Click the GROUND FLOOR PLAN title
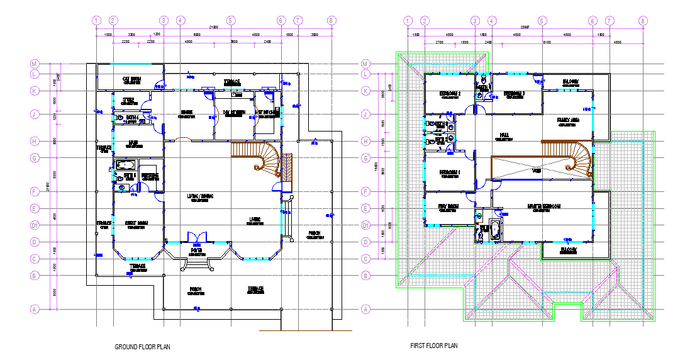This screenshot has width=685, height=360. (142, 347)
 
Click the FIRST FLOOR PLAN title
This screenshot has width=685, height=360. (434, 346)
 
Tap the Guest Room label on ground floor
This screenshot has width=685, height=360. (136, 223)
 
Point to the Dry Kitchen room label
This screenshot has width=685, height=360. (235, 113)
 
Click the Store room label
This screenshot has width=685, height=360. (128, 100)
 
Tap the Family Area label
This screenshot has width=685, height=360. (569, 120)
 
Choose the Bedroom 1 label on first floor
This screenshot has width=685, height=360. (450, 172)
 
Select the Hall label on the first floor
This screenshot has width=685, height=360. (504, 135)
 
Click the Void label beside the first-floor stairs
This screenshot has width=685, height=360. (537, 171)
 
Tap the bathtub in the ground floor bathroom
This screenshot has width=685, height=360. (126, 165)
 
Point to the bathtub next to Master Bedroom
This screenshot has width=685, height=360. (494, 229)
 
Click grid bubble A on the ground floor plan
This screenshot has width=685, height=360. (35, 308)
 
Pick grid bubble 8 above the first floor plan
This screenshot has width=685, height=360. (642, 21)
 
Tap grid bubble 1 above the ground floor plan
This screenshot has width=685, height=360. (96, 21)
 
